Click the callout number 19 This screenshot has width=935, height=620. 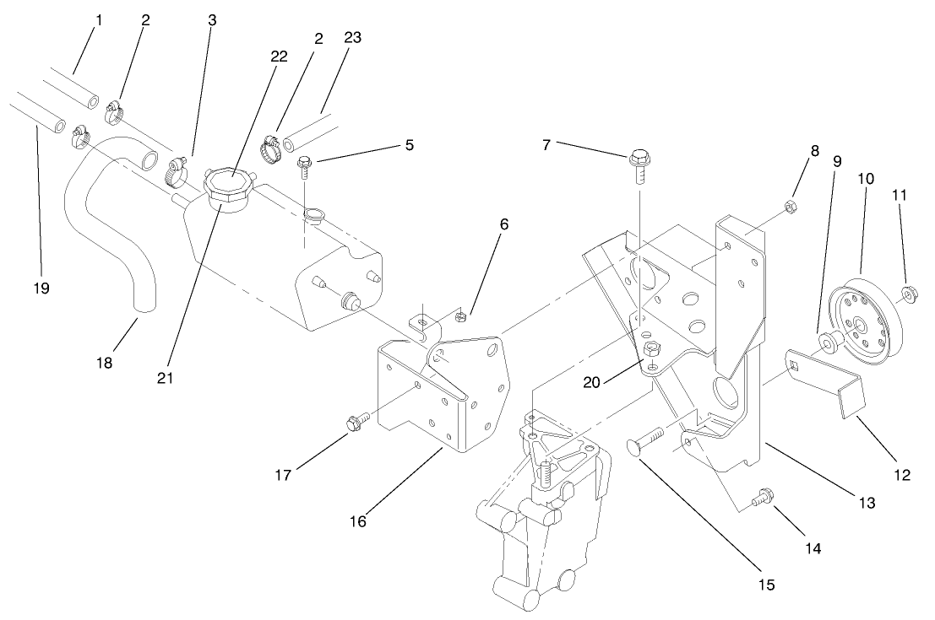coord(41,288)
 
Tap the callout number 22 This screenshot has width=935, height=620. coord(279,57)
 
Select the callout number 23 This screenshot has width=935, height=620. coord(352,37)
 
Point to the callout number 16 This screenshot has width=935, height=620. coord(358,520)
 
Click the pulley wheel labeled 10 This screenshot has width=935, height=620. coord(857,324)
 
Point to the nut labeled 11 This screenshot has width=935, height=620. coord(910,294)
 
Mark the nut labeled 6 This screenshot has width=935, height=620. coord(461,317)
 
